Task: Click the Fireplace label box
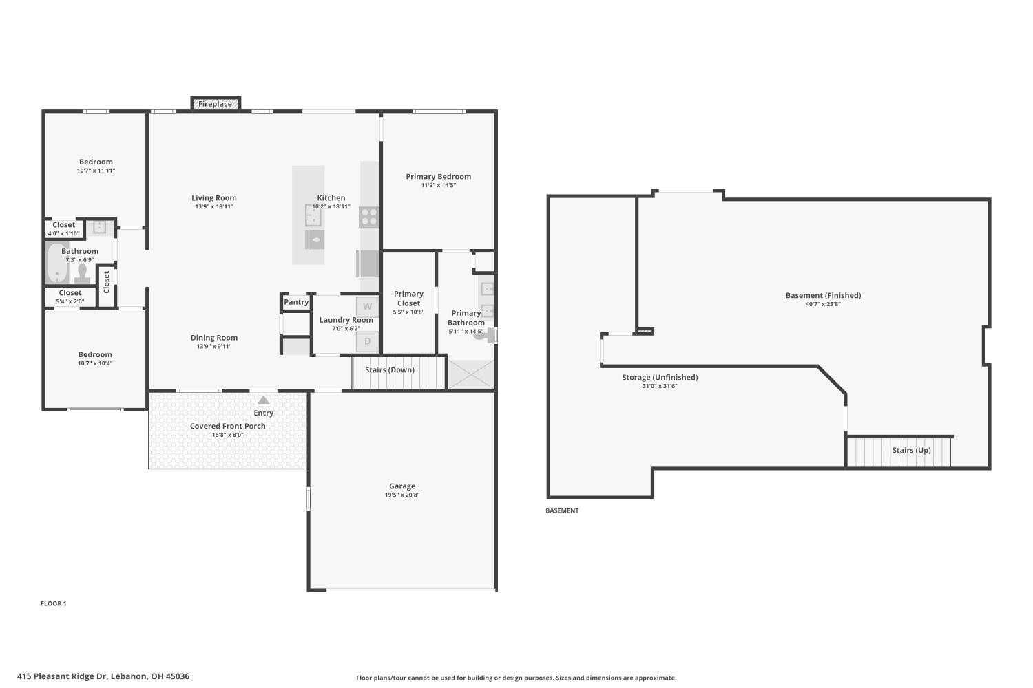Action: pyautogui.click(x=216, y=104)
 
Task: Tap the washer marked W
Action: pyautogui.click(x=368, y=307)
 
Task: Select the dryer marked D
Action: pyautogui.click(x=368, y=341)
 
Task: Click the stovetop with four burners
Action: pyautogui.click(x=369, y=217)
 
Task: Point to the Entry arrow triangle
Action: pyautogui.click(x=263, y=400)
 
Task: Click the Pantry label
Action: pyautogui.click(x=296, y=302)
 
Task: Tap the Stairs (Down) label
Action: pyautogui.click(x=390, y=369)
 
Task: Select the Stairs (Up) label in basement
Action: pyautogui.click(x=911, y=450)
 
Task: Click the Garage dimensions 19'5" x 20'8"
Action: pyautogui.click(x=402, y=495)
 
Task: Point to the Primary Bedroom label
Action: pyautogui.click(x=438, y=177)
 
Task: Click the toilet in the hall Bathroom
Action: pyautogui.click(x=83, y=274)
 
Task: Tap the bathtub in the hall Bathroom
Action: pyautogui.click(x=57, y=263)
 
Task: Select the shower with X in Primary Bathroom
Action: pyautogui.click(x=471, y=374)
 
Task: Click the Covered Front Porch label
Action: pyautogui.click(x=228, y=427)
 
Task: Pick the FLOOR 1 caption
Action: pyautogui.click(x=54, y=603)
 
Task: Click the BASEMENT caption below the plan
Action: pyautogui.click(x=562, y=510)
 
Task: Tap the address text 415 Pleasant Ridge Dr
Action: pyautogui.click(x=62, y=676)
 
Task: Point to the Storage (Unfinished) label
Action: pyautogui.click(x=660, y=378)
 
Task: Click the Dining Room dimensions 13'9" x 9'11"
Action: pyautogui.click(x=214, y=347)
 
